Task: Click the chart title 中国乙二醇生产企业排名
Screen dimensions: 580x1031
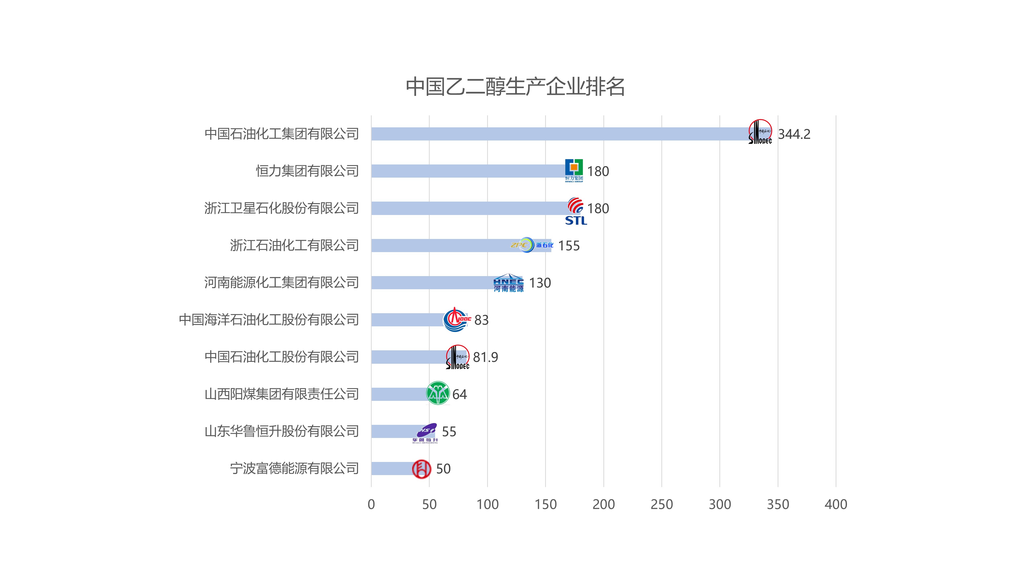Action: click(x=515, y=86)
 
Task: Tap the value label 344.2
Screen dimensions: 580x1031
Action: click(x=794, y=134)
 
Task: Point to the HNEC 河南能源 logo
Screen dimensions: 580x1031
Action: click(x=508, y=283)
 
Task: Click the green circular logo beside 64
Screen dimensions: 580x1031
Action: click(x=438, y=393)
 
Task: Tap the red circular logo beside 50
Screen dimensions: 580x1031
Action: click(x=421, y=469)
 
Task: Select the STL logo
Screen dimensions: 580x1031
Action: click(x=576, y=211)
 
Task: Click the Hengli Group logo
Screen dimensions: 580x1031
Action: click(x=574, y=170)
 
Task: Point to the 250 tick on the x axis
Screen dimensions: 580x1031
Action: click(x=662, y=504)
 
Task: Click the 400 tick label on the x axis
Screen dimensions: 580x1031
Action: click(x=836, y=504)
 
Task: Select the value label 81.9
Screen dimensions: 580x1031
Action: click(x=486, y=357)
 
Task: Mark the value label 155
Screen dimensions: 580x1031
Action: click(x=569, y=245)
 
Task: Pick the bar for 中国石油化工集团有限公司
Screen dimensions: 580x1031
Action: click(x=560, y=134)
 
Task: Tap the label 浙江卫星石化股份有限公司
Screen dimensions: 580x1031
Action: click(x=281, y=208)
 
